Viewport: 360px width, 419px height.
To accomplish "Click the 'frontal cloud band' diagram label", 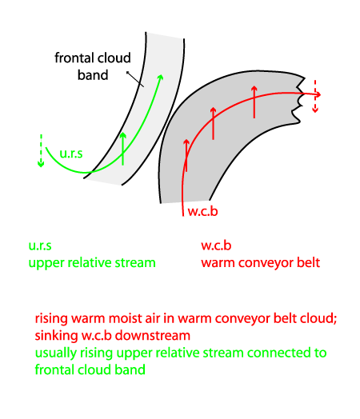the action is tap(93, 66).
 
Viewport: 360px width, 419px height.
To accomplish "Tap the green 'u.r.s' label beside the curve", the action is tap(71, 154).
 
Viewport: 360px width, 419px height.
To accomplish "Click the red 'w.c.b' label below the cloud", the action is tap(203, 211).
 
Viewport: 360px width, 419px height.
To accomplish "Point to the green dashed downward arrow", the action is tap(41, 150).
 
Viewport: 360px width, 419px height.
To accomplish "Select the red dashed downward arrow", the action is tap(315, 96).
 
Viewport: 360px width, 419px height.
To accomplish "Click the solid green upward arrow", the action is tap(122, 149).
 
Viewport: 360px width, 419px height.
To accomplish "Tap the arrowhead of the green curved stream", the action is tap(161, 78).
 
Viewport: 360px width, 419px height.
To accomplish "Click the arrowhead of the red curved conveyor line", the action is tap(318, 94).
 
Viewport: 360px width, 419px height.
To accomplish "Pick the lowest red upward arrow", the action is tap(186, 155).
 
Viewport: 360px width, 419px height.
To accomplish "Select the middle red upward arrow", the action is tap(213, 123).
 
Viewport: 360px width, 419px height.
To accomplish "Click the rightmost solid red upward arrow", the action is tap(254, 102).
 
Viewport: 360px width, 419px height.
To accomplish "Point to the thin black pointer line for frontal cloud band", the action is tap(135, 79).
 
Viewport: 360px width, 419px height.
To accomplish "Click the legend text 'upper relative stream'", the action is tap(92, 263).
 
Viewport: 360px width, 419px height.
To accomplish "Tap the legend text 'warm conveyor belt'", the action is tap(261, 263).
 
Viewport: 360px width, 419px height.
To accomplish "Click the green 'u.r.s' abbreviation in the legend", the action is tap(40, 245).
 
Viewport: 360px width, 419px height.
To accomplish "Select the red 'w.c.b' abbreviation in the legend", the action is tap(216, 245).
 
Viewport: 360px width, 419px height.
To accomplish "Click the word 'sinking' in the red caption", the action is tap(56, 336).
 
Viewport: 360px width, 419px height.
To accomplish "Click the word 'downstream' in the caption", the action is tap(153, 335).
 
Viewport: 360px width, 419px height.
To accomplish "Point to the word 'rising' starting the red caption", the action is tap(51, 319).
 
